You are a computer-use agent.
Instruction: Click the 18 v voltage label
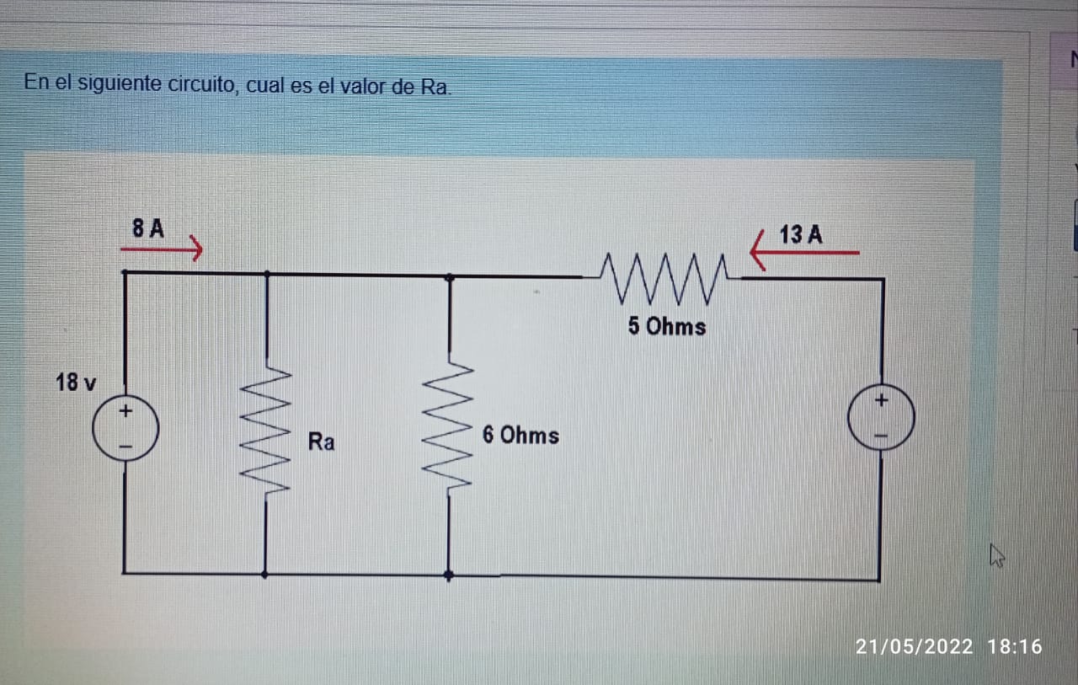(x=75, y=383)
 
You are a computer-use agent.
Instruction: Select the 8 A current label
(x=148, y=228)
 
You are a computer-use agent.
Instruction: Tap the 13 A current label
(x=801, y=235)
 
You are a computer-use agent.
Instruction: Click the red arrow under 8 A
(x=162, y=249)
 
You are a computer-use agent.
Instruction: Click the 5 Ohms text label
(x=667, y=326)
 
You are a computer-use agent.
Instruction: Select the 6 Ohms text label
(x=520, y=436)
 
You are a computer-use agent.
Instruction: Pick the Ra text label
(x=321, y=442)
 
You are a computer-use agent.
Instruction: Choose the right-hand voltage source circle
(x=881, y=419)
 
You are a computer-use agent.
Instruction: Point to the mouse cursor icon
(x=996, y=555)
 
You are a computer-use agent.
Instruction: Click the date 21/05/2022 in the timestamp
(x=914, y=647)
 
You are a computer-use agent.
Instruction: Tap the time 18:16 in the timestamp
(x=1015, y=647)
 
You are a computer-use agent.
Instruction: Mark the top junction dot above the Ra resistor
(x=267, y=274)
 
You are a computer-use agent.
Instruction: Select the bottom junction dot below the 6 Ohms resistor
(x=448, y=575)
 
